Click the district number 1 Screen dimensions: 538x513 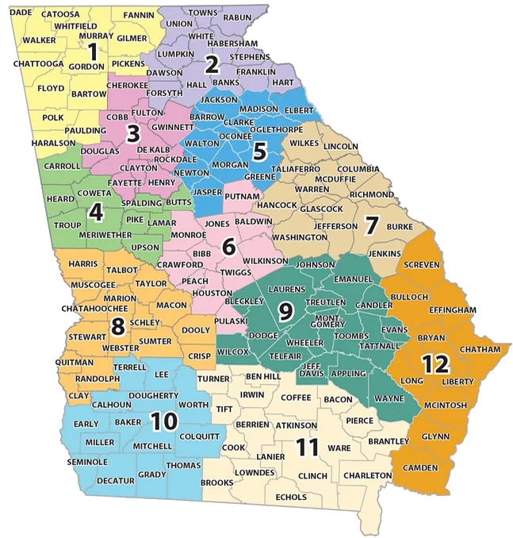tap(93, 53)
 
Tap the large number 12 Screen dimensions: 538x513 tap(435, 364)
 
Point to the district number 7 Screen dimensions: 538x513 tap(370, 225)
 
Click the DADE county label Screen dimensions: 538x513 tap(27, 13)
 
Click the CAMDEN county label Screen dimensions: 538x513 tap(420, 467)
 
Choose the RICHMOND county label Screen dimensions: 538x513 tap(366, 194)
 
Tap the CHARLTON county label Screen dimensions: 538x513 tap(367, 475)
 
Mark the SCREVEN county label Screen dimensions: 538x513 tap(421, 263)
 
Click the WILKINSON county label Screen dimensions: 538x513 tap(265, 260)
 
